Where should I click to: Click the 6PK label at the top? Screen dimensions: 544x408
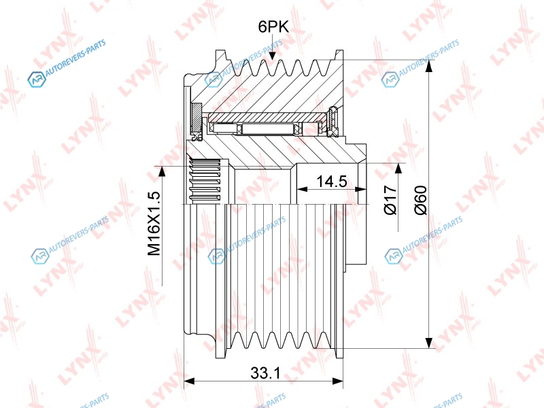click(x=273, y=27)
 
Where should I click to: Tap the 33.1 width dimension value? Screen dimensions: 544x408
click(x=265, y=373)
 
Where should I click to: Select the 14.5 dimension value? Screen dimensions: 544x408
click(x=332, y=181)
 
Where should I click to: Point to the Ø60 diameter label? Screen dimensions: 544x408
click(x=420, y=200)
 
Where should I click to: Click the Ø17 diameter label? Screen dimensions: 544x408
click(x=390, y=200)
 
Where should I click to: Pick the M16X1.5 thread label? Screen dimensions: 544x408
click(x=154, y=224)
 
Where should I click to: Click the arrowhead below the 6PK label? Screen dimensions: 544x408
click(x=273, y=56)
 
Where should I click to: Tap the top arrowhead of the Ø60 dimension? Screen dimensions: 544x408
click(x=430, y=65)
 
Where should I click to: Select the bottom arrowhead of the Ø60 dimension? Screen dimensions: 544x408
click(x=430, y=343)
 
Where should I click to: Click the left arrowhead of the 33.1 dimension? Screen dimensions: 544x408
click(x=189, y=381)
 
